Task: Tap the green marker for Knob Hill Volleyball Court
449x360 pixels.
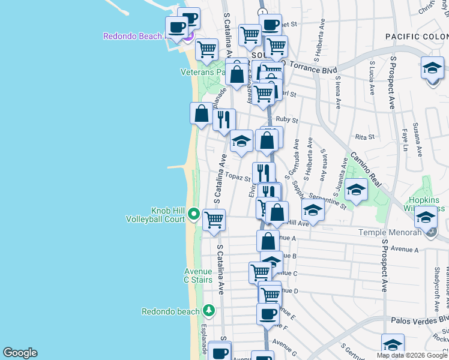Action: tap(193, 213)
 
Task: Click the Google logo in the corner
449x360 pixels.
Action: tap(20, 353)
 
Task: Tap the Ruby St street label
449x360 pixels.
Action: tap(292, 119)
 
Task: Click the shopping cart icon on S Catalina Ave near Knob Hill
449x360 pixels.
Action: tap(214, 220)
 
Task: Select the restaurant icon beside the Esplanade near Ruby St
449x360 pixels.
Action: tap(224, 118)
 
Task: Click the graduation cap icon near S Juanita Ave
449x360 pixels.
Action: tap(356, 191)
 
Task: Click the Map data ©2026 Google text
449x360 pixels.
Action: tap(412, 355)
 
